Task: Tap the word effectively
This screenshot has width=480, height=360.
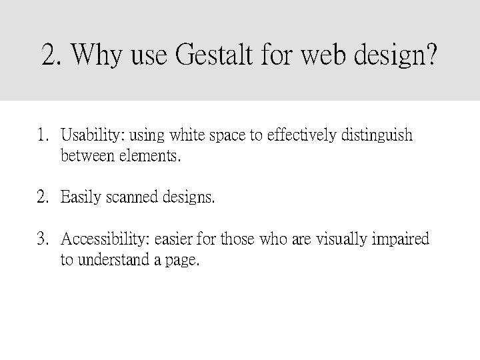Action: click(301, 137)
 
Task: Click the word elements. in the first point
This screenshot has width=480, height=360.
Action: click(149, 157)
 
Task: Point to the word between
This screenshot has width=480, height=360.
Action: click(87, 157)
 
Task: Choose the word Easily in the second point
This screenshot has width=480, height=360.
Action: click(81, 198)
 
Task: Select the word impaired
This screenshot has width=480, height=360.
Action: click(400, 239)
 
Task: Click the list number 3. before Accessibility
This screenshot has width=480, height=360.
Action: click(43, 239)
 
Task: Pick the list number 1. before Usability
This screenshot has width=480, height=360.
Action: click(43, 137)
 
